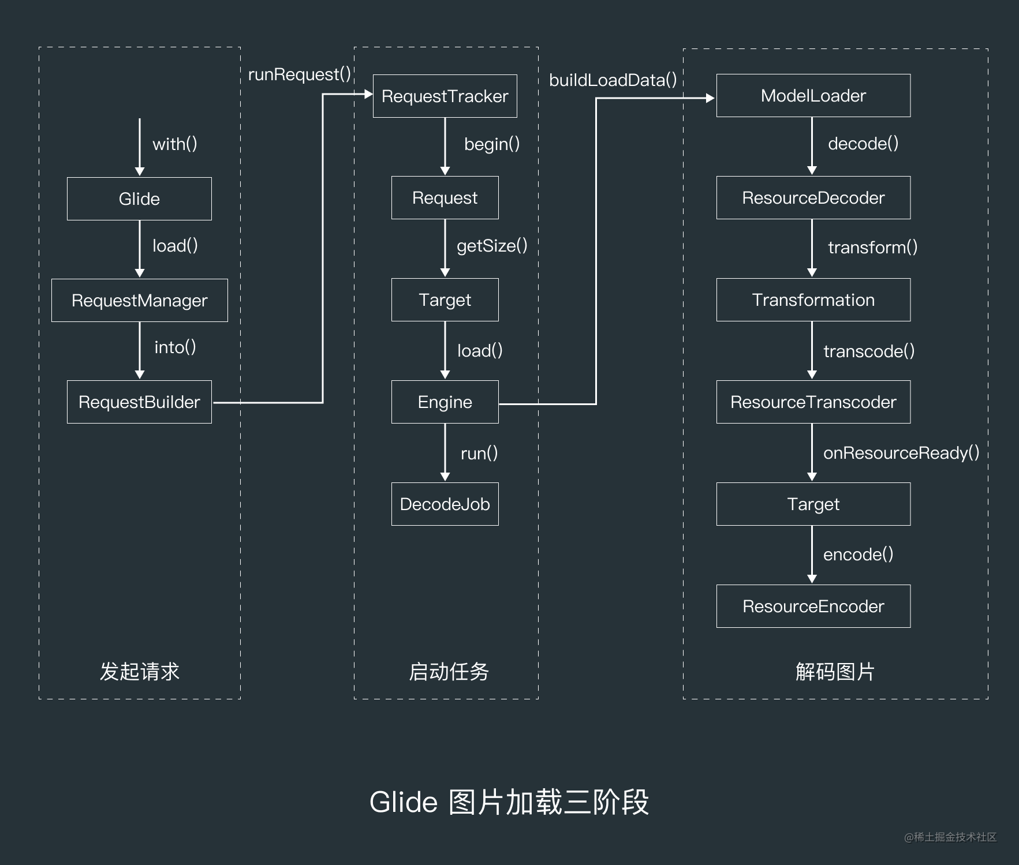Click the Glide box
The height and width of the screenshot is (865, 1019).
tap(139, 199)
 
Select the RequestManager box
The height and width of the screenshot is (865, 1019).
tap(139, 300)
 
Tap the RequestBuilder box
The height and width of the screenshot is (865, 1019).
tap(139, 402)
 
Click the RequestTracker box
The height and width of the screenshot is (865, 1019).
tap(445, 96)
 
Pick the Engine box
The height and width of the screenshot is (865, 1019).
tap(445, 402)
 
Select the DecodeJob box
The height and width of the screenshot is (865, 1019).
tap(445, 504)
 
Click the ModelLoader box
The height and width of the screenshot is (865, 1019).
tap(813, 95)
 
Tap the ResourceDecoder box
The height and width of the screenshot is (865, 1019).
tap(813, 197)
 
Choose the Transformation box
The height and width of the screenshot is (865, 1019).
tap(813, 299)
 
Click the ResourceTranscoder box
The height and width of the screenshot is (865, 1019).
tap(813, 402)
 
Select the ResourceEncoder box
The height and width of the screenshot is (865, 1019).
tap(813, 606)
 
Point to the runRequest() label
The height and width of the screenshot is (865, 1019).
tap(299, 74)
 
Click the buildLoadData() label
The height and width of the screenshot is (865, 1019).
tap(613, 80)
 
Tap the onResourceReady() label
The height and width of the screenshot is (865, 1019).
tap(901, 453)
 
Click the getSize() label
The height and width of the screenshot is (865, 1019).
tap(492, 246)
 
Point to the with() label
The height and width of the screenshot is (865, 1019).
tap(174, 144)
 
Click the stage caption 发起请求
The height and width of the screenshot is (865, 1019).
tap(139, 671)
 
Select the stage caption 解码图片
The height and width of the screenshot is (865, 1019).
tap(835, 671)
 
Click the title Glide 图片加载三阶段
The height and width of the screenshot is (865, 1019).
tap(509, 802)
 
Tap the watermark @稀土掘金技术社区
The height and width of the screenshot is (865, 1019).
tap(950, 837)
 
